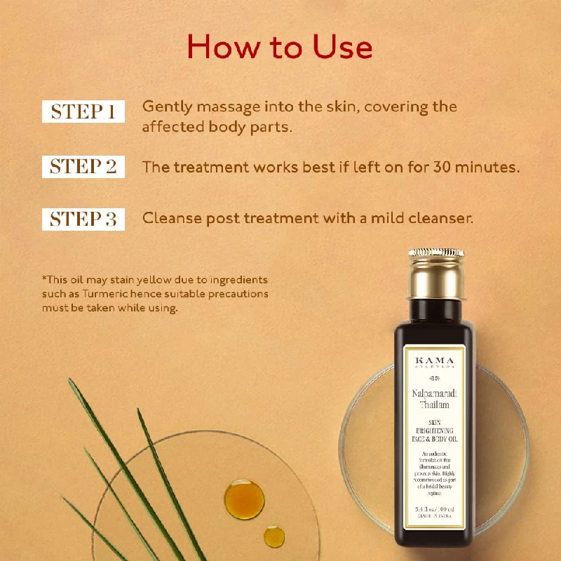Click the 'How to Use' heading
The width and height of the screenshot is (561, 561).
tap(279, 47)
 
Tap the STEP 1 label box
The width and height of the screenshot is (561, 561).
tap(83, 111)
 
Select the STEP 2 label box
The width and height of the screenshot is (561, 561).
tap(83, 166)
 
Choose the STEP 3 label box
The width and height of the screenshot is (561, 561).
tap(83, 219)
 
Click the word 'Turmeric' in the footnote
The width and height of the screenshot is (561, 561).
tap(96, 294)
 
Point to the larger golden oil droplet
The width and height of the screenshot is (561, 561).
tap(244, 499)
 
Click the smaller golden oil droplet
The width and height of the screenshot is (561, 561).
tap(274, 536)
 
